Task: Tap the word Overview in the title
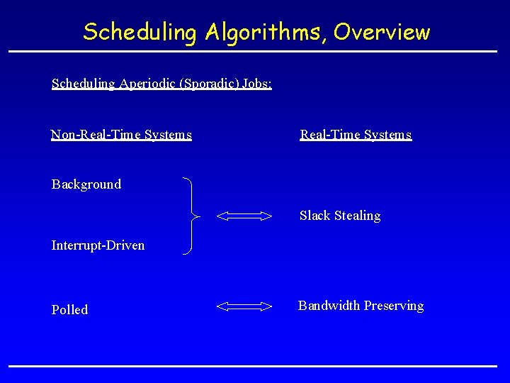[x=382, y=32]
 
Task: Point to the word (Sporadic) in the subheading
[x=210, y=84]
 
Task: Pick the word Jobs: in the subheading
[x=256, y=84]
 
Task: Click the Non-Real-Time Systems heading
[x=121, y=135]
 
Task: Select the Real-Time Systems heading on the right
[x=356, y=135]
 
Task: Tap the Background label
[x=86, y=184]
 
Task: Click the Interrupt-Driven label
[x=98, y=245]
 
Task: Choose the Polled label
[x=69, y=310]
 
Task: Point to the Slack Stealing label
[x=340, y=216]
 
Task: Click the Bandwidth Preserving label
[x=361, y=306]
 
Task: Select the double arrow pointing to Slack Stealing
[x=244, y=216]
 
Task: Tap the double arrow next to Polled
[x=244, y=306]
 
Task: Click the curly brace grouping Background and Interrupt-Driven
[x=191, y=215]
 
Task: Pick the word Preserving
[x=394, y=306]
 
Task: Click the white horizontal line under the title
[x=253, y=52]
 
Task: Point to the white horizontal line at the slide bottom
[x=253, y=366]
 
